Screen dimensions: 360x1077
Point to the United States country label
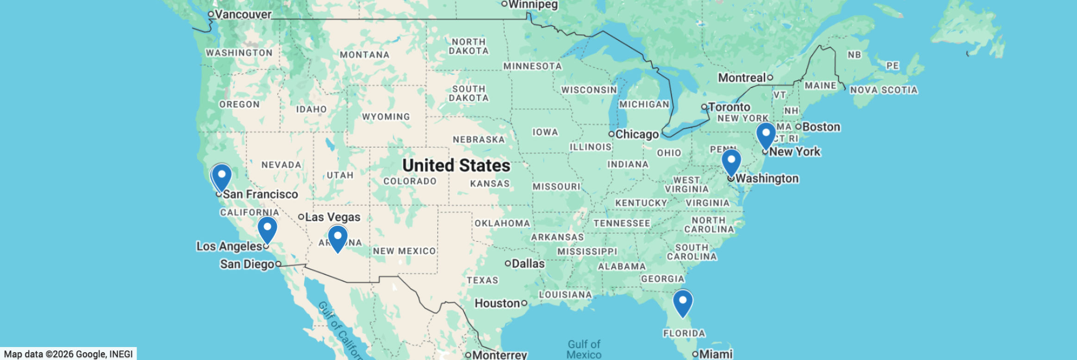coord(456,165)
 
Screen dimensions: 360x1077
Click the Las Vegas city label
coord(332,217)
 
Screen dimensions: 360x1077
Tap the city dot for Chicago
coord(611,134)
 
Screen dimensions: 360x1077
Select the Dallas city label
coord(528,264)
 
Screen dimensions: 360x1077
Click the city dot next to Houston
coord(524,303)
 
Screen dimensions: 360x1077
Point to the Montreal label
coord(741,78)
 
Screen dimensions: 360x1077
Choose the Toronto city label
coord(729,107)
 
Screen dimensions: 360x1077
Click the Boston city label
coord(821,127)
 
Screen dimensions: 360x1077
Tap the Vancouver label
coord(243,14)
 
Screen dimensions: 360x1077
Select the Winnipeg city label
coord(533,5)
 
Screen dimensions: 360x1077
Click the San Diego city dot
coord(278,264)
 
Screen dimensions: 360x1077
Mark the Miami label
coord(716,354)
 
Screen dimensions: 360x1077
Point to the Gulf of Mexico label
coord(584,349)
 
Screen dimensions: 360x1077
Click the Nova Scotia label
coord(884,90)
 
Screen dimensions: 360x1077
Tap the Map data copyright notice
coord(68,354)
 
